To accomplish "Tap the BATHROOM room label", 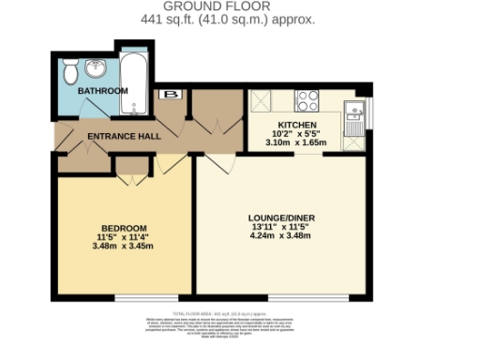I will pyautogui.click(x=102, y=91).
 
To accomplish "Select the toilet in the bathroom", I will pyautogui.click(x=71, y=72).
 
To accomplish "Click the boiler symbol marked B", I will pyautogui.click(x=172, y=94).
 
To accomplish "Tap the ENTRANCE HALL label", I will pyautogui.click(x=123, y=136).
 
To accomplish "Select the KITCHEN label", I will pyautogui.click(x=296, y=125).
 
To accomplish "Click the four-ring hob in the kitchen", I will pyautogui.click(x=307, y=98).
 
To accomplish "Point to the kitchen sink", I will pyautogui.click(x=354, y=115).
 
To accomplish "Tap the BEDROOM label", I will pyautogui.click(x=124, y=228).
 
